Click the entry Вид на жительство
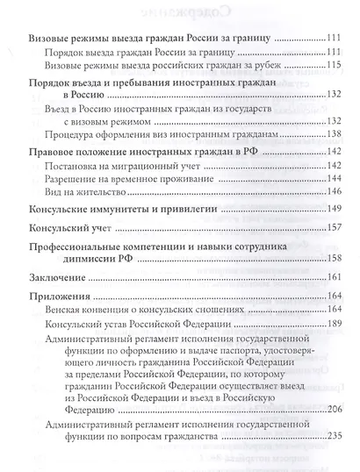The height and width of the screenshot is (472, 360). click(x=83, y=190)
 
